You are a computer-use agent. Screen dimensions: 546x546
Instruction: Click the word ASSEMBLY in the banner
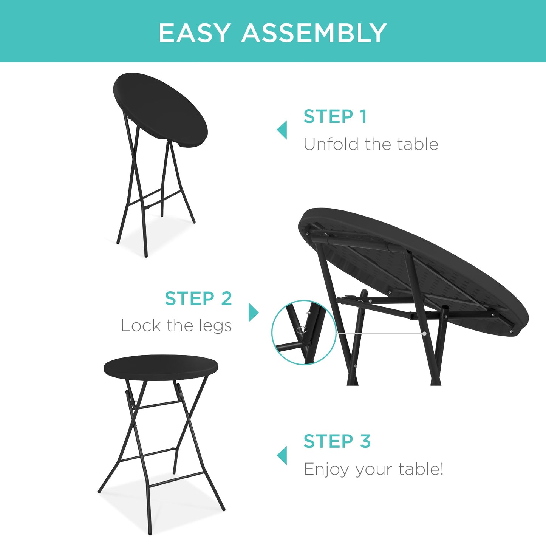point(314,33)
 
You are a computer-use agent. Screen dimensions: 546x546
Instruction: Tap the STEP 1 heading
point(335,116)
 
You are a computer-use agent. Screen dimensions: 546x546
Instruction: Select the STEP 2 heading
point(198,299)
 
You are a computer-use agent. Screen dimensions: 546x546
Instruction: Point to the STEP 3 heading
point(337,441)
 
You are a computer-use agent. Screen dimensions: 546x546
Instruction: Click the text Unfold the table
point(370,144)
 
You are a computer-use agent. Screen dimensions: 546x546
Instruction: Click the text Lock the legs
point(176,326)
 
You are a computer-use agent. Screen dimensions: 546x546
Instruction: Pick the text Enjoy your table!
point(373,469)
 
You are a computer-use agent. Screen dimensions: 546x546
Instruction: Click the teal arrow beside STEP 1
point(282,130)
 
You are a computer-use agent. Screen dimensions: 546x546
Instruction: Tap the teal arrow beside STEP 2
point(253,312)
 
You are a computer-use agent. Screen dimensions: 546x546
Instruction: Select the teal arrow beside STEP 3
point(282,455)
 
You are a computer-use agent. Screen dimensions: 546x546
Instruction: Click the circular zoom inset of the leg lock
point(304,333)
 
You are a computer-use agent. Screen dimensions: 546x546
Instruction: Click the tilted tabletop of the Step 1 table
point(161,110)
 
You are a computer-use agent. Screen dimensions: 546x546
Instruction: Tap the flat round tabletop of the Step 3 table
point(161,367)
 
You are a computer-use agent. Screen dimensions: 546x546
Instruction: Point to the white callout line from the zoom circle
point(380,334)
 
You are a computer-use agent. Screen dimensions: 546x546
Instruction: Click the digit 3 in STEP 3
point(365,441)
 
